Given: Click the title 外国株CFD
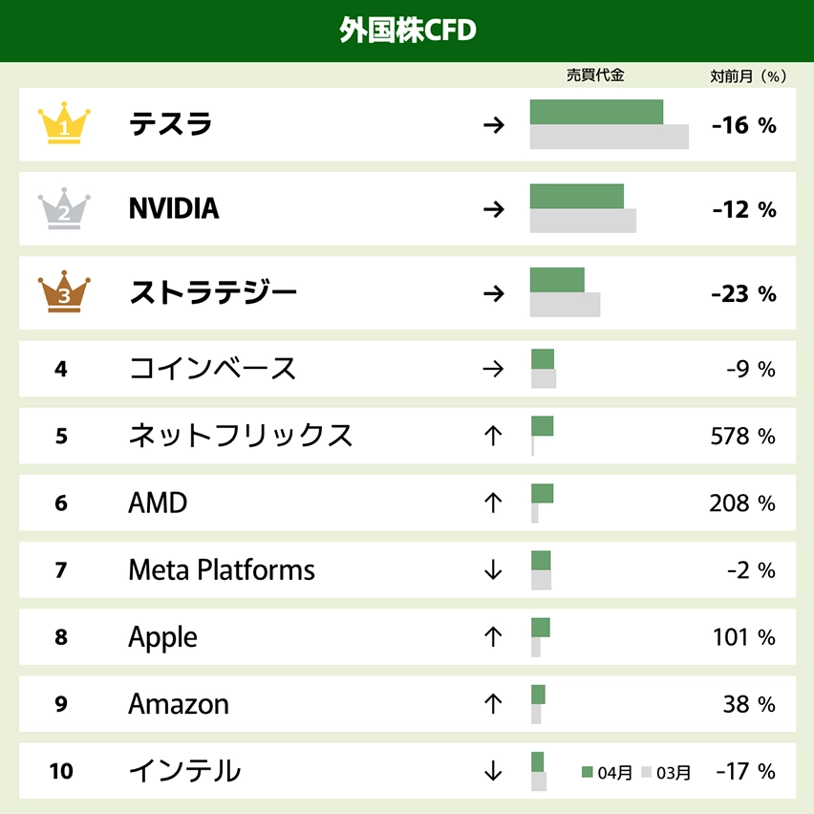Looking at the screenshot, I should (407, 31).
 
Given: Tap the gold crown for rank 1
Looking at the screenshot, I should (64, 124).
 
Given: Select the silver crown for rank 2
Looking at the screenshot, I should (64, 208).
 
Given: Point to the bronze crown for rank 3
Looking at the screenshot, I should (64, 293).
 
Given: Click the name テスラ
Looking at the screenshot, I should (171, 124).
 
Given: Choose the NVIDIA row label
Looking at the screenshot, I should (174, 208).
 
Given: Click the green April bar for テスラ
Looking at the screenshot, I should (596, 112).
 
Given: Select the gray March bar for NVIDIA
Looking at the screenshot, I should (583, 221).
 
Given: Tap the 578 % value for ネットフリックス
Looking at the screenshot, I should (742, 437).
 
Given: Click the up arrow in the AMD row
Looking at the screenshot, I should (493, 503).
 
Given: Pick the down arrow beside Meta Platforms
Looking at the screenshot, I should (493, 570).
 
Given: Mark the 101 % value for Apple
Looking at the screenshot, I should (743, 637).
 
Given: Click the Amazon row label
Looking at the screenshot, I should (179, 704).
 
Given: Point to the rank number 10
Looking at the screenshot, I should (61, 771).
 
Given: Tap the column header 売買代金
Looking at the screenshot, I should (595, 75).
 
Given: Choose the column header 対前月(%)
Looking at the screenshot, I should (747, 75).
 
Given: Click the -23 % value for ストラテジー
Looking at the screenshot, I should (743, 294).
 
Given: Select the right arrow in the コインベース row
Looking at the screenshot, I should (493, 369).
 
